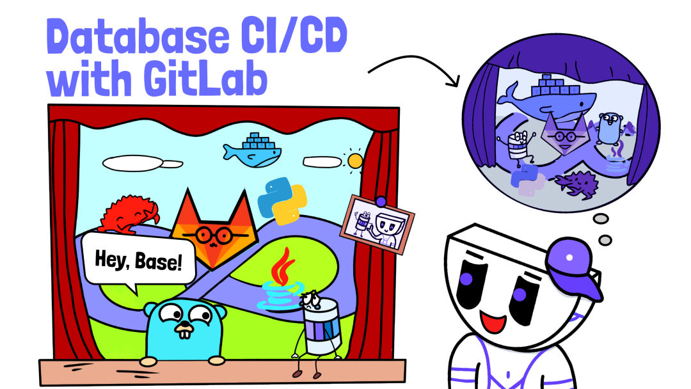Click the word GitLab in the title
pyautogui.click(x=206, y=80)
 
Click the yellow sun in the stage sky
pyautogui.click(x=354, y=161)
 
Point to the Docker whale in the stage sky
pyautogui.click(x=252, y=150)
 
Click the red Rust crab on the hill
pyautogui.click(x=129, y=214)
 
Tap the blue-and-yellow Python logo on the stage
pyautogui.click(x=283, y=201)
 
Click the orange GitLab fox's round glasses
pyautogui.click(x=214, y=235)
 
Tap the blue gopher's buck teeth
pyautogui.click(x=185, y=333)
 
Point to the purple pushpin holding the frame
pyautogui.click(x=381, y=202)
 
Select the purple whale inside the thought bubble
pyautogui.click(x=546, y=99)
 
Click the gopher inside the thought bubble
pyautogui.click(x=610, y=128)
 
